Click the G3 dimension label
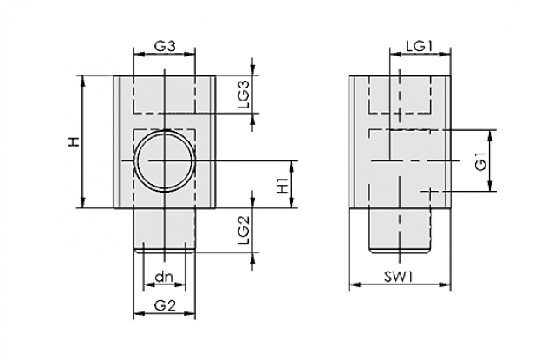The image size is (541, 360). (x=165, y=46)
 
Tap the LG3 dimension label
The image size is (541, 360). (x=244, y=95)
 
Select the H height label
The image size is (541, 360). (x=74, y=141)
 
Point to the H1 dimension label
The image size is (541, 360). (x=283, y=186)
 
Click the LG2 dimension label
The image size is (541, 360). (x=244, y=230)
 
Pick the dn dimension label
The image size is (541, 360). (x=164, y=277)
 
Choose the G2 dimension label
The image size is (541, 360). (x=165, y=305)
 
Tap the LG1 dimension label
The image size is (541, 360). (x=420, y=46)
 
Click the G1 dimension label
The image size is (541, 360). (x=480, y=160)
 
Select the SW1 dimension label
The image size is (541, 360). (x=399, y=277)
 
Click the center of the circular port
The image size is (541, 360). (x=165, y=160)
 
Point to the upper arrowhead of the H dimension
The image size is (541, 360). (x=83, y=81)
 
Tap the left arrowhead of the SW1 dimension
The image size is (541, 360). (x=355, y=285)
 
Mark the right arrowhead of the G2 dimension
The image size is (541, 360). (x=190, y=313)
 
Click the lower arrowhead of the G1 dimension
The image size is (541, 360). (x=491, y=186)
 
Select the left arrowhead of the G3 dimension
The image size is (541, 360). (x=139, y=54)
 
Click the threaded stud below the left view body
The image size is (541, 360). (x=164, y=231)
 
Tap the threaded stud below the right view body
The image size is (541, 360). (x=400, y=231)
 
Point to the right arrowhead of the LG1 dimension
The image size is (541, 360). (x=445, y=54)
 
